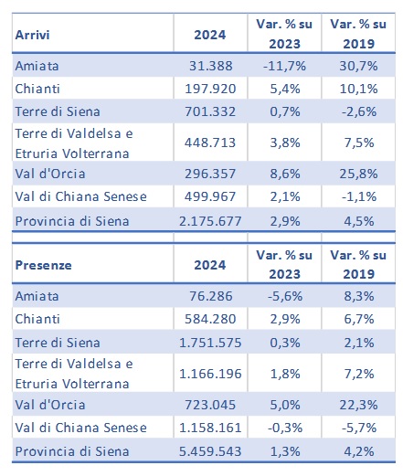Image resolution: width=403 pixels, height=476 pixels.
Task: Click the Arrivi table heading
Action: tap(32, 35)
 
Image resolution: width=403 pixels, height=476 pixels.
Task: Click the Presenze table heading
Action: tap(43, 265)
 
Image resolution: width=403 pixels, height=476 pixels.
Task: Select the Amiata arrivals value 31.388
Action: tap(210, 66)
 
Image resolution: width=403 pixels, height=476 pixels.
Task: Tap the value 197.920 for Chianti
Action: tap(210, 89)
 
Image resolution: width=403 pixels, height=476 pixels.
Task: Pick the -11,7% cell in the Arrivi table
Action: tap(284, 66)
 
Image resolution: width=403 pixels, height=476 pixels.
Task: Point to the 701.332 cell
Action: tap(210, 111)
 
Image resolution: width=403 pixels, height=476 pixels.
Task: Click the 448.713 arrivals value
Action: tap(210, 143)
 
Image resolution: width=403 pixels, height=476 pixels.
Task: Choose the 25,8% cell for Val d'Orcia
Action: tap(358, 174)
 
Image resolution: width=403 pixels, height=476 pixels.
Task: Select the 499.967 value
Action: tap(210, 196)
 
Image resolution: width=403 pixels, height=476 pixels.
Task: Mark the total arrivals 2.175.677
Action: tap(210, 221)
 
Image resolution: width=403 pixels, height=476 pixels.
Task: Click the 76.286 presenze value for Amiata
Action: tap(210, 296)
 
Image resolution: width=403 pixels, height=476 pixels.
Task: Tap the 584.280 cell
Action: tap(210, 319)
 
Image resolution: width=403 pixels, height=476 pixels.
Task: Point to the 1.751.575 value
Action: tap(210, 343)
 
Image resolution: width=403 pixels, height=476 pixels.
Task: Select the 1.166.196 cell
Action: tap(210, 374)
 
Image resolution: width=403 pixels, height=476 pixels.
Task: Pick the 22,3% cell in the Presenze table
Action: tap(358, 405)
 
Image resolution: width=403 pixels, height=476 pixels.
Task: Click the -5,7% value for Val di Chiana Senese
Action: tap(358, 428)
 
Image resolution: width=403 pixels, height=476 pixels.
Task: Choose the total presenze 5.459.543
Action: tap(210, 451)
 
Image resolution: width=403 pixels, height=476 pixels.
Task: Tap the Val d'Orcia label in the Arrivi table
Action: tap(50, 174)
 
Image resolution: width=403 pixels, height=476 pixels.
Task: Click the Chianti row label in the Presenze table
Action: tap(37, 319)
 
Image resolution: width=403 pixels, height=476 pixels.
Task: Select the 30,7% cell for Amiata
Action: tap(358, 66)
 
